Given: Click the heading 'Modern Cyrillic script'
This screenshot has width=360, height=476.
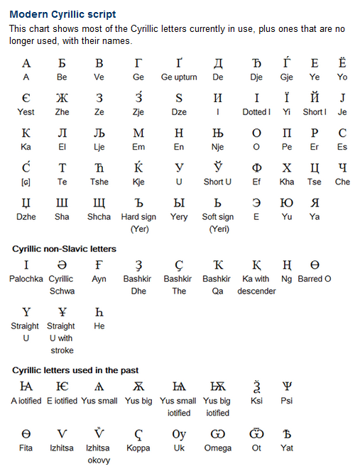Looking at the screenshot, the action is click(x=62, y=14).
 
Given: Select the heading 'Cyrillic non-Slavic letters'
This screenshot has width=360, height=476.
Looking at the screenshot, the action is click(x=64, y=249).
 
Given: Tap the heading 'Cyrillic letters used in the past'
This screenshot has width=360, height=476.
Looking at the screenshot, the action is click(x=75, y=370).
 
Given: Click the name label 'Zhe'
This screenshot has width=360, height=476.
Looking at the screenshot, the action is click(x=62, y=112).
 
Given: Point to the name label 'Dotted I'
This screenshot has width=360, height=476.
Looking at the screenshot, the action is click(x=256, y=112).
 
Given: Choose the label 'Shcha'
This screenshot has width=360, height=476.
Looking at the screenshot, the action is click(x=99, y=217).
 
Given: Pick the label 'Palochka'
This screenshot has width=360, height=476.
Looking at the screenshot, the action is click(x=26, y=279).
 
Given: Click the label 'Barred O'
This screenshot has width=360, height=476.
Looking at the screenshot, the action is click(x=315, y=279).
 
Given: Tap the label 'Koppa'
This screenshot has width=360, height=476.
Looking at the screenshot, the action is click(x=138, y=448).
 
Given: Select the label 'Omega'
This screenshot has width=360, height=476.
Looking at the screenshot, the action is click(x=217, y=448).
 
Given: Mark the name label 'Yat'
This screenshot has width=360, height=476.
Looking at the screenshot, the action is click(x=287, y=448).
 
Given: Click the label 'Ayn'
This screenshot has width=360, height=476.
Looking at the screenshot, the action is click(x=99, y=279).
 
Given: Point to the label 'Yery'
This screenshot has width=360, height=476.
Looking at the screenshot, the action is click(x=179, y=217).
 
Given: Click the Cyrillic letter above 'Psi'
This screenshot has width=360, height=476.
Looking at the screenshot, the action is click(x=287, y=387).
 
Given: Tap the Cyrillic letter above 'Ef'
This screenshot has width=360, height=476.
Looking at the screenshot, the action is click(x=256, y=168).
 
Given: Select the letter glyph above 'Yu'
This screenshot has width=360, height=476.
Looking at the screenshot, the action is click(x=287, y=203).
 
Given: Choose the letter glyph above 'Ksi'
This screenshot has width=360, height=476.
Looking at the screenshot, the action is click(x=256, y=387).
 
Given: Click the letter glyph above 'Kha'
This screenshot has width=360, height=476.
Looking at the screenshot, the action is click(x=287, y=168).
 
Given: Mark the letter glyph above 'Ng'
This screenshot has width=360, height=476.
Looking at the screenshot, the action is click(x=287, y=265).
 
